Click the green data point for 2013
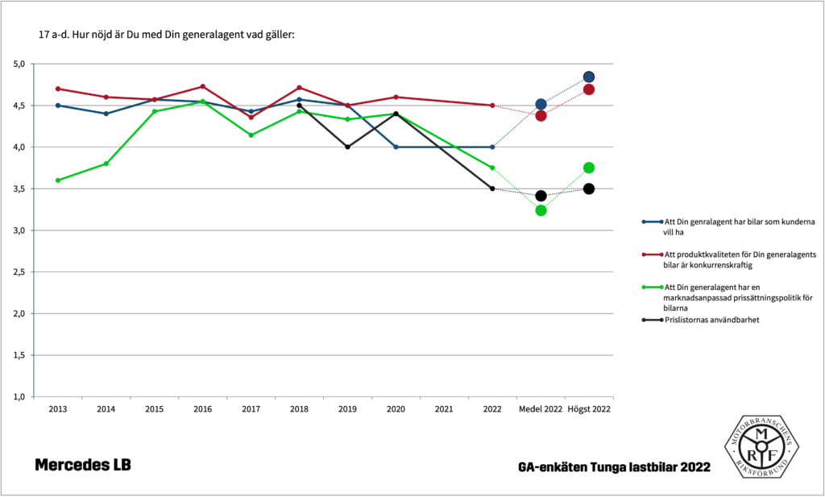[57, 180]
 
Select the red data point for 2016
[202, 86]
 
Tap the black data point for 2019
[347, 147]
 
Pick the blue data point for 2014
[106, 114]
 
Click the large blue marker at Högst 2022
[589, 77]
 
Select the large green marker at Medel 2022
[541, 210]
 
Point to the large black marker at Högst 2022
[589, 188]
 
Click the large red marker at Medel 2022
[541, 115]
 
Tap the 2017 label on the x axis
[251, 409]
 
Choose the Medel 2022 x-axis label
[541, 409]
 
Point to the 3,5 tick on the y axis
[19, 188]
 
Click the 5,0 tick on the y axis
[19, 64]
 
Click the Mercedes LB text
[82, 466]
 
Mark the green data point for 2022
[492, 168]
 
